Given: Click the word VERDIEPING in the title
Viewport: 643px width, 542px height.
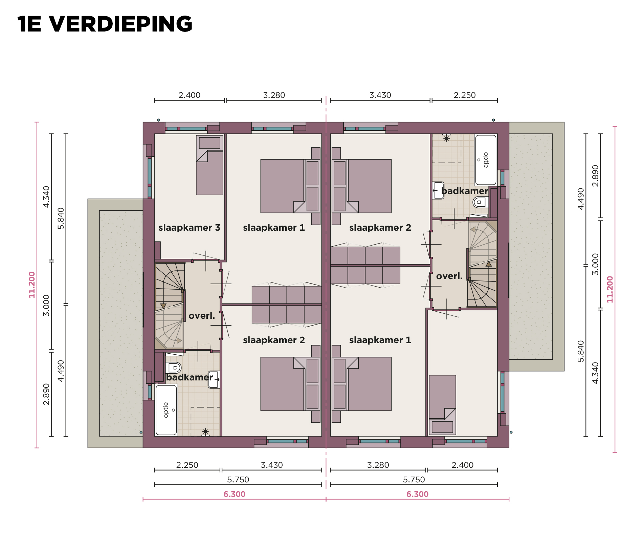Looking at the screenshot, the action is point(121,24).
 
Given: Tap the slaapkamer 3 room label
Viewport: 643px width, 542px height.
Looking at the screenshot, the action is point(189,228).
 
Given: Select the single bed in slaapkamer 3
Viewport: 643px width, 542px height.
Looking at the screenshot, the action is point(209,165).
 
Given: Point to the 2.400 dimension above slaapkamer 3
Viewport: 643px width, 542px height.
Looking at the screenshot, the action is point(189,95).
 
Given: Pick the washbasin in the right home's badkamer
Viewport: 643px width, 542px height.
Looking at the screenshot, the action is point(438,190).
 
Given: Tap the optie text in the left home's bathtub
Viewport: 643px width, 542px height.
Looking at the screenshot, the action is point(166,410).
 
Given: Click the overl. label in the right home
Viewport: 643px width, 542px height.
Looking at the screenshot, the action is point(449,276).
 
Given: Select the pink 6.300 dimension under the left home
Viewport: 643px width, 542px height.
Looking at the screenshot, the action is point(234,494).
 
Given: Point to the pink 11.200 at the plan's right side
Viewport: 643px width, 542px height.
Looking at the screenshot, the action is point(609,289).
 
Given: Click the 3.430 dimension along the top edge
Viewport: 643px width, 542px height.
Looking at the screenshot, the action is point(380,95).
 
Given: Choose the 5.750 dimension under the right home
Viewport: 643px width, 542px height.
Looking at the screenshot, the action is point(414,480).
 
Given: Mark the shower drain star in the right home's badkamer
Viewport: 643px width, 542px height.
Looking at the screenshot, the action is point(447,138).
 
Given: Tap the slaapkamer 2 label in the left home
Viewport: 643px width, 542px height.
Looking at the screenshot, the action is point(274,340).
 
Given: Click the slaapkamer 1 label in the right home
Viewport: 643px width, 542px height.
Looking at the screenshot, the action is point(380,340).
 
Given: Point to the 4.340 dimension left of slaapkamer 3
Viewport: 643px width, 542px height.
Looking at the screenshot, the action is point(46,197).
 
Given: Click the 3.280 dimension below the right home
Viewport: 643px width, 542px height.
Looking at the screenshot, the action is point(378,465).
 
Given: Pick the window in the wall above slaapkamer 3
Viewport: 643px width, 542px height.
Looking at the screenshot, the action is point(192,128).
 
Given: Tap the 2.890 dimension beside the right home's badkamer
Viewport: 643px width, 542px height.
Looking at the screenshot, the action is point(595,176).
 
